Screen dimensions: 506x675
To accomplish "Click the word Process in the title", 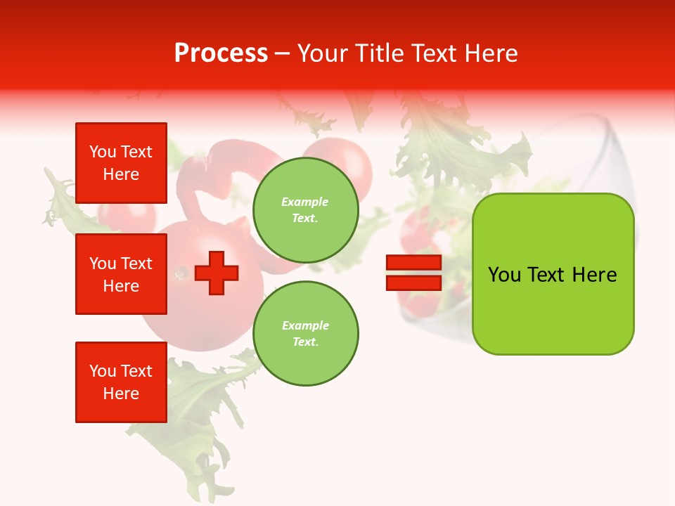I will pos(221,53).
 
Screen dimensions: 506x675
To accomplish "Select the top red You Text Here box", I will pos(121,163).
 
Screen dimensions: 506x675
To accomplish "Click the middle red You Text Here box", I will pos(121,274).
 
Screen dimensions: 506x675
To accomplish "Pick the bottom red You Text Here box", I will pos(121,382).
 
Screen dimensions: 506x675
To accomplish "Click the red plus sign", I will pos(217,273).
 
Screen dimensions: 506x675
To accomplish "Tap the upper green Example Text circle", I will pos(305,210).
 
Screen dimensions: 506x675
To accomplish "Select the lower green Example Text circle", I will pos(305,334).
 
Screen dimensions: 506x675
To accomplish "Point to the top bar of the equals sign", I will pos(413,263).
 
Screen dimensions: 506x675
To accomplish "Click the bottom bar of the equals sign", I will pos(413,283).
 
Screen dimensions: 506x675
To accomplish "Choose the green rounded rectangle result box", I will pos(553,274).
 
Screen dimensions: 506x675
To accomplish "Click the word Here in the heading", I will pos(491,53).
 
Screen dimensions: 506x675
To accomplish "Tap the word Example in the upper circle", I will pos(305,202).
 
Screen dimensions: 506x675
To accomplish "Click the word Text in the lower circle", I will pos(305,342).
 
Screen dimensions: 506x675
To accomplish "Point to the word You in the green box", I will pos(504,275).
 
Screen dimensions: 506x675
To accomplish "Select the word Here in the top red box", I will pos(121,174).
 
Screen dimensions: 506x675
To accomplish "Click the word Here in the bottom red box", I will pos(121,394).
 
